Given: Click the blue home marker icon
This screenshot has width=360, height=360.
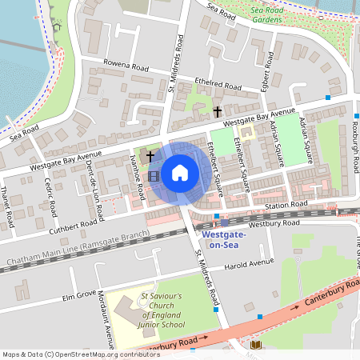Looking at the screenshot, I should [x=180, y=171].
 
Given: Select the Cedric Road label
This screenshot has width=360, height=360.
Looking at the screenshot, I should [x=52, y=197].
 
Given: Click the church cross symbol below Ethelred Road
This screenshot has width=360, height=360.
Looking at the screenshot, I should [x=218, y=112].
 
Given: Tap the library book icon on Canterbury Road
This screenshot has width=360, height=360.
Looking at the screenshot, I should [x=256, y=345].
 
